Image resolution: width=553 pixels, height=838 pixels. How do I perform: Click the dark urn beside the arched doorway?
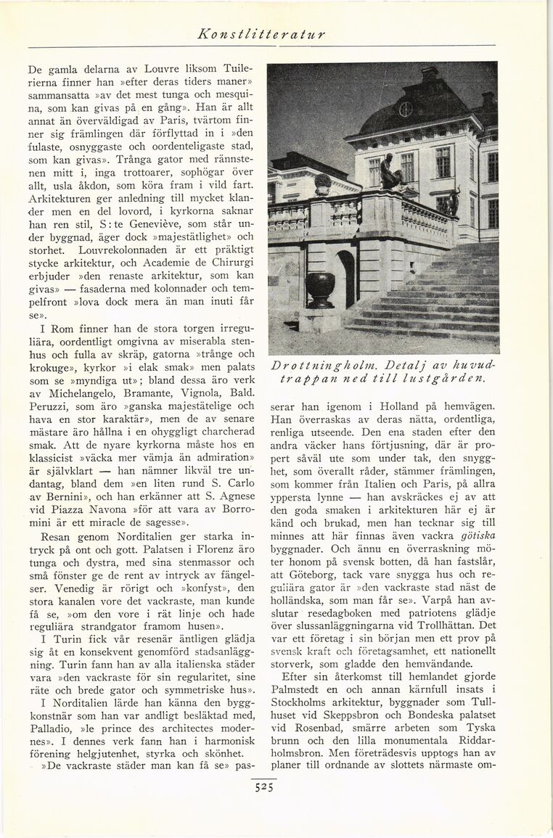coord(320,289)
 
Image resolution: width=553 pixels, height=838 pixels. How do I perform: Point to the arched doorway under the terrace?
coord(346,278)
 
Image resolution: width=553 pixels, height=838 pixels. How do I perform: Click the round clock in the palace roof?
coord(405,109)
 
